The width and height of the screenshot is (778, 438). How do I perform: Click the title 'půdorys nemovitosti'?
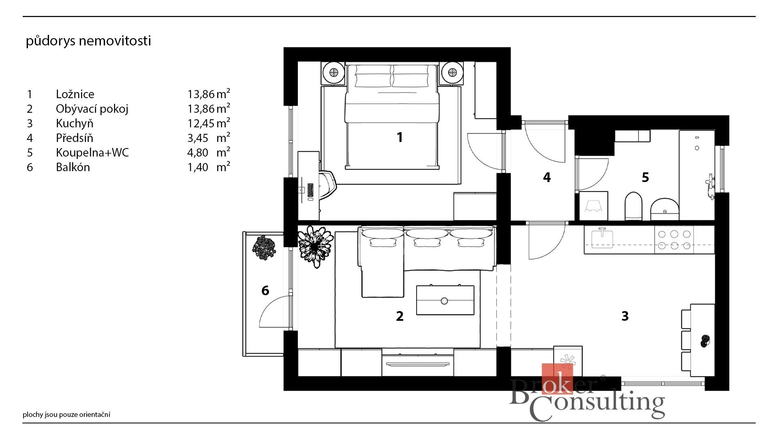pyautogui.click(x=88, y=41)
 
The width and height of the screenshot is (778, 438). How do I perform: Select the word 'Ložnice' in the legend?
pyautogui.click(x=75, y=94)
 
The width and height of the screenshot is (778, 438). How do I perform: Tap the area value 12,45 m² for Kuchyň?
pyautogui.click(x=209, y=123)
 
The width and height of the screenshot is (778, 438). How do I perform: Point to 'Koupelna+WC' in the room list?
pyautogui.click(x=92, y=152)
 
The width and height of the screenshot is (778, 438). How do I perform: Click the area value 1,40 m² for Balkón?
pyautogui.click(x=209, y=167)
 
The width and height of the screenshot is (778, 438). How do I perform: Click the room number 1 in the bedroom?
pyautogui.click(x=400, y=137)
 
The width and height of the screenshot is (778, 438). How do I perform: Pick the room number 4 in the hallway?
pyautogui.click(x=547, y=177)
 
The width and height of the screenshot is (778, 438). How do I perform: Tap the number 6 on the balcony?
pyautogui.click(x=265, y=290)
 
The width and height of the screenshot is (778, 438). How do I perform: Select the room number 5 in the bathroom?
pyautogui.click(x=645, y=177)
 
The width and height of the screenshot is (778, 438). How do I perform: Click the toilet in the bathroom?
pyautogui.click(x=634, y=206)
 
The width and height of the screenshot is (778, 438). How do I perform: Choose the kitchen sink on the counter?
pyautogui.click(x=602, y=238)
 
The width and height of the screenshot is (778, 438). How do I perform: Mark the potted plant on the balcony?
pyautogui.click(x=264, y=247)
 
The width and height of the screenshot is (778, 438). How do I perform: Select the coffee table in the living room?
pyautogui.click(x=445, y=300)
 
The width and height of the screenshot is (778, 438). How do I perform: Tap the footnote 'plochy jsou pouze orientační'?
pyautogui.click(x=66, y=414)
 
